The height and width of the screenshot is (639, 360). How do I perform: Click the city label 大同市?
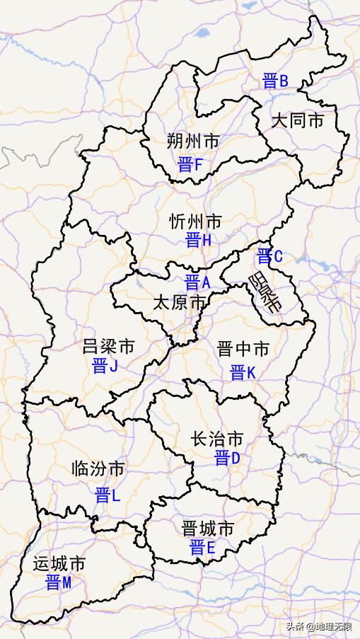tap(298, 120)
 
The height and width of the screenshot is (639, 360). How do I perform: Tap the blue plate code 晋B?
tap(274, 81)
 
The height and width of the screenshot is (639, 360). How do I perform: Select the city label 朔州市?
tap(193, 142)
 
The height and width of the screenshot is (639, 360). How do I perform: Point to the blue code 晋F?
tap(190, 165)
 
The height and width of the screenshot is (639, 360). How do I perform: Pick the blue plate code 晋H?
tap(198, 241)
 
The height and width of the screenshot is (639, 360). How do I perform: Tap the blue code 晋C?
tap(269, 256)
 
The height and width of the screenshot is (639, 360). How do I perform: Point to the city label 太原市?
tap(180, 304)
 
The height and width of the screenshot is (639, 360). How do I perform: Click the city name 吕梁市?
tap(108, 347)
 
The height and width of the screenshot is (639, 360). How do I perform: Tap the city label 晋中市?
tap(243, 350)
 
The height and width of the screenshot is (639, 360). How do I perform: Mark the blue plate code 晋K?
tap(242, 372)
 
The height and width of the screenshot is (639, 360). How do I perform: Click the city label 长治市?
tap(217, 439)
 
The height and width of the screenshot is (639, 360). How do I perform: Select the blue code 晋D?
tap(227, 459)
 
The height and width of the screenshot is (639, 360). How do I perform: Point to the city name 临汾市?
tap(98, 468)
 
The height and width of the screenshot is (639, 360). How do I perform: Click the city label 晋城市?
tap(207, 529)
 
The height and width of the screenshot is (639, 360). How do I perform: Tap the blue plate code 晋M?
tap(58, 583)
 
